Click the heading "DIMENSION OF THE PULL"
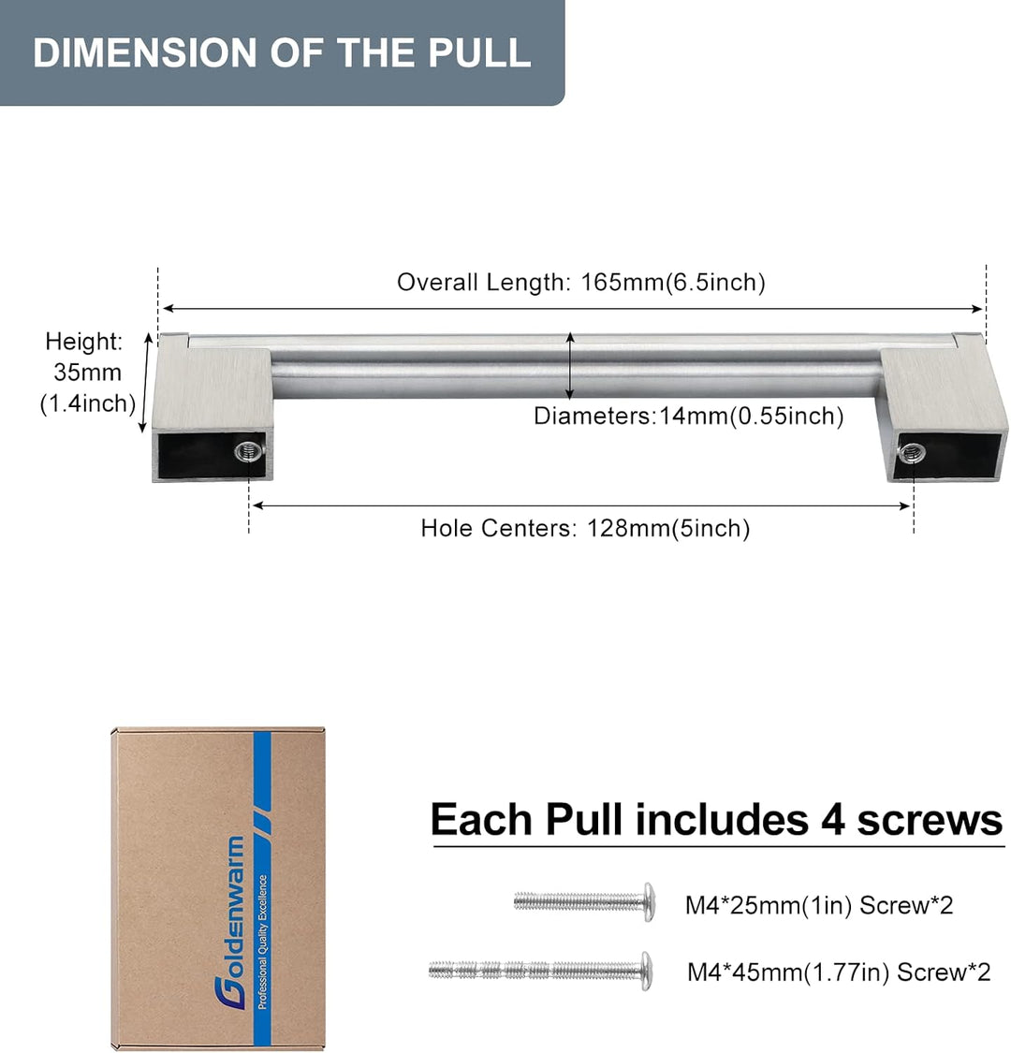click(x=282, y=52)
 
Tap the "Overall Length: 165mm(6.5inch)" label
click(x=581, y=282)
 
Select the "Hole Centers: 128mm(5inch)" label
click(x=585, y=529)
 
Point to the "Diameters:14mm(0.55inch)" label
click(x=689, y=417)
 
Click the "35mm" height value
click(x=87, y=372)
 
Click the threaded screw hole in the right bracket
click(x=912, y=453)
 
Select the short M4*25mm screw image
click(x=584, y=902)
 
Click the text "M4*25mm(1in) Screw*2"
click(x=819, y=905)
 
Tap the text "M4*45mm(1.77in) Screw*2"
click(x=839, y=972)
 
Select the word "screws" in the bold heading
click(x=930, y=821)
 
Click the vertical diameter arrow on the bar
click(x=570, y=366)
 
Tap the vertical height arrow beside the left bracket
click(x=146, y=383)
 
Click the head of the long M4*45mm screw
click(x=645, y=971)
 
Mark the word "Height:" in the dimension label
click(x=84, y=342)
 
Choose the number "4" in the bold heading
click(x=832, y=820)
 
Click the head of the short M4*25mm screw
click(x=648, y=902)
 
